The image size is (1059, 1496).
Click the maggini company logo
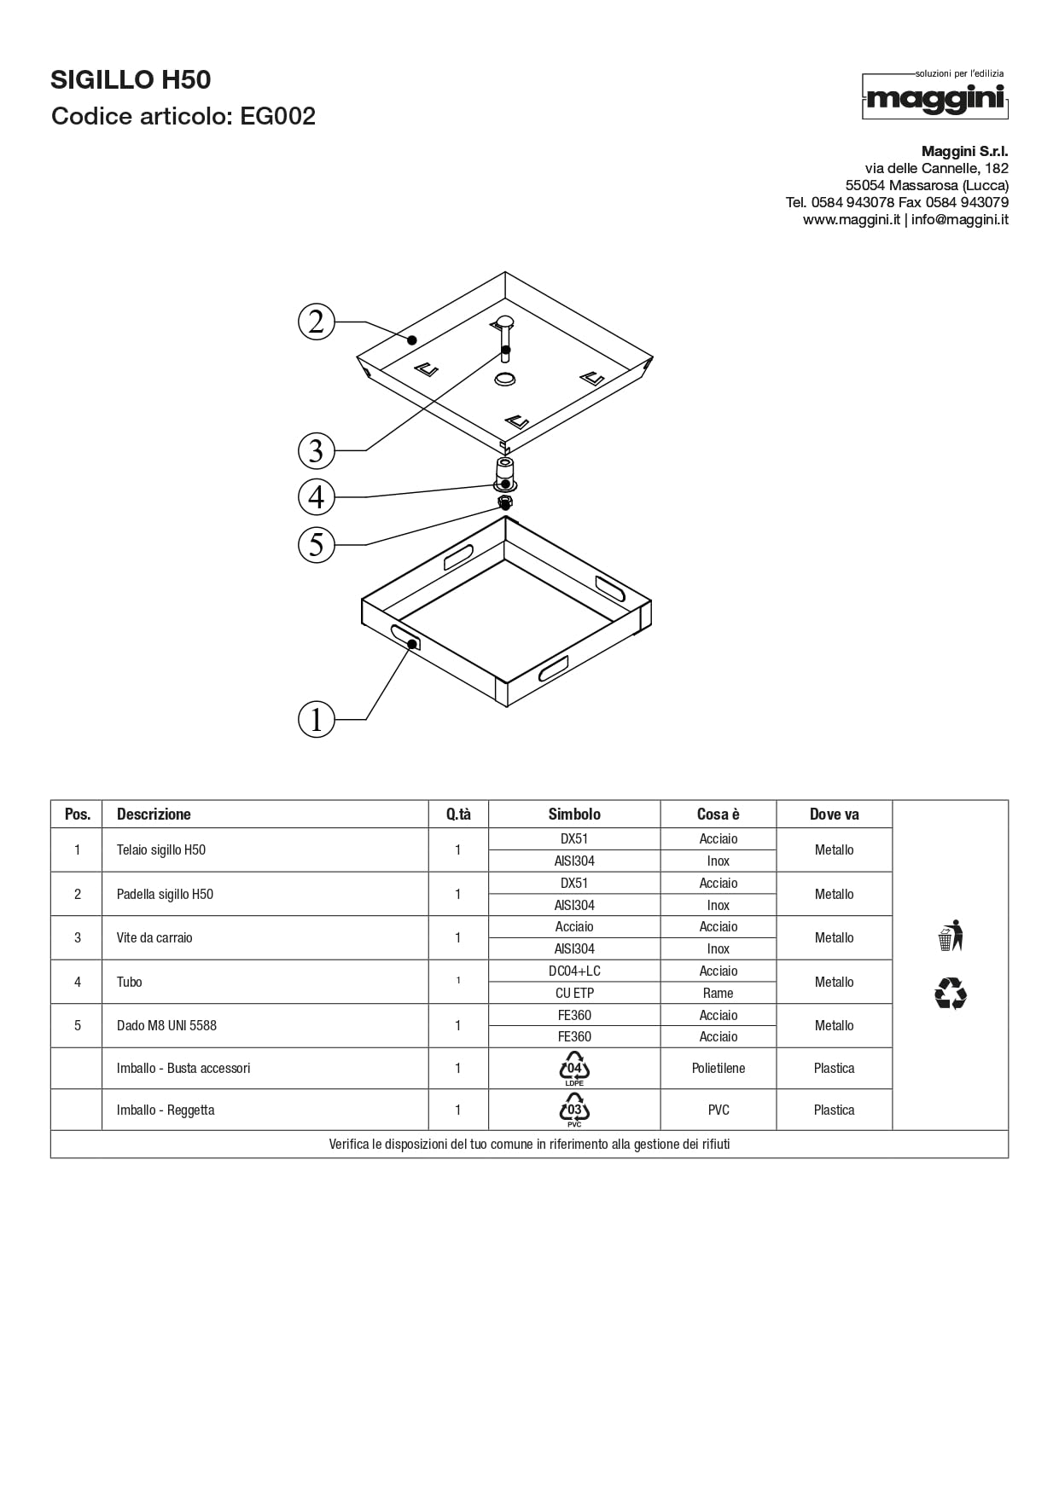coord(935,97)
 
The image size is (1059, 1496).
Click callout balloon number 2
coord(317,322)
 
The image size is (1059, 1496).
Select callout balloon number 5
coord(317,544)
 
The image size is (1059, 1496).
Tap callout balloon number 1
coord(317,719)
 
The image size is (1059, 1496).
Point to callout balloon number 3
coord(317,450)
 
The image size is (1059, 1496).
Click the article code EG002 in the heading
coord(277,116)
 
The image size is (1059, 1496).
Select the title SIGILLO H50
coord(131,80)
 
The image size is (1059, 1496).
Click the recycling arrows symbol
coord(951,994)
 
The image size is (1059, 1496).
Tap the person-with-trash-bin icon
coord(950,936)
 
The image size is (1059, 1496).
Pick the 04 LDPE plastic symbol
coord(574,1068)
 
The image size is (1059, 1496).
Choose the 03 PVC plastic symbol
coord(574,1110)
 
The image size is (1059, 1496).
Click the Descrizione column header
coord(154,815)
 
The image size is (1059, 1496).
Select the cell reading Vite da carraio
coord(154,938)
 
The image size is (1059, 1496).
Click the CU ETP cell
coord(574,993)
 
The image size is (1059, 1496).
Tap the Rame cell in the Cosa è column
coord(718,993)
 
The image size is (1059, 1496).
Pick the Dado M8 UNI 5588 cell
coord(166,1025)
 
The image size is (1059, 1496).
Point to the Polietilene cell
coord(718,1068)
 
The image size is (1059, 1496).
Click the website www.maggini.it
coord(851,220)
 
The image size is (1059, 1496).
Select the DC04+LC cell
coord(574,971)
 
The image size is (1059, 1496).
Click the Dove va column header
coord(834,815)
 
